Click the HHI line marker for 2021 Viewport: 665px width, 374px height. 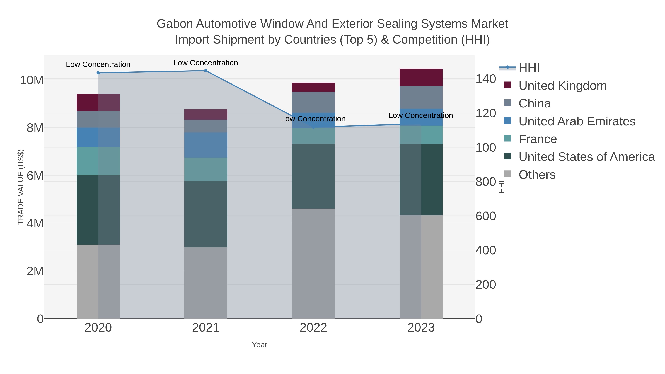tap(206, 71)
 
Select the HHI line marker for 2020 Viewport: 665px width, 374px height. tap(98, 73)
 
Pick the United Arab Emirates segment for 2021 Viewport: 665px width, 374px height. tap(206, 145)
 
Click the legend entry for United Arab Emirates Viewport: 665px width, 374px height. tap(577, 121)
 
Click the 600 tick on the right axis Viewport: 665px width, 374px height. tap(485, 216)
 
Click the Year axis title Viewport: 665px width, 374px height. tap(260, 345)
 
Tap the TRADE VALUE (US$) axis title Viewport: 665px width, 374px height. tap(21, 187)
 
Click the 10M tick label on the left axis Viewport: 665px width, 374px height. tap(31, 80)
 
